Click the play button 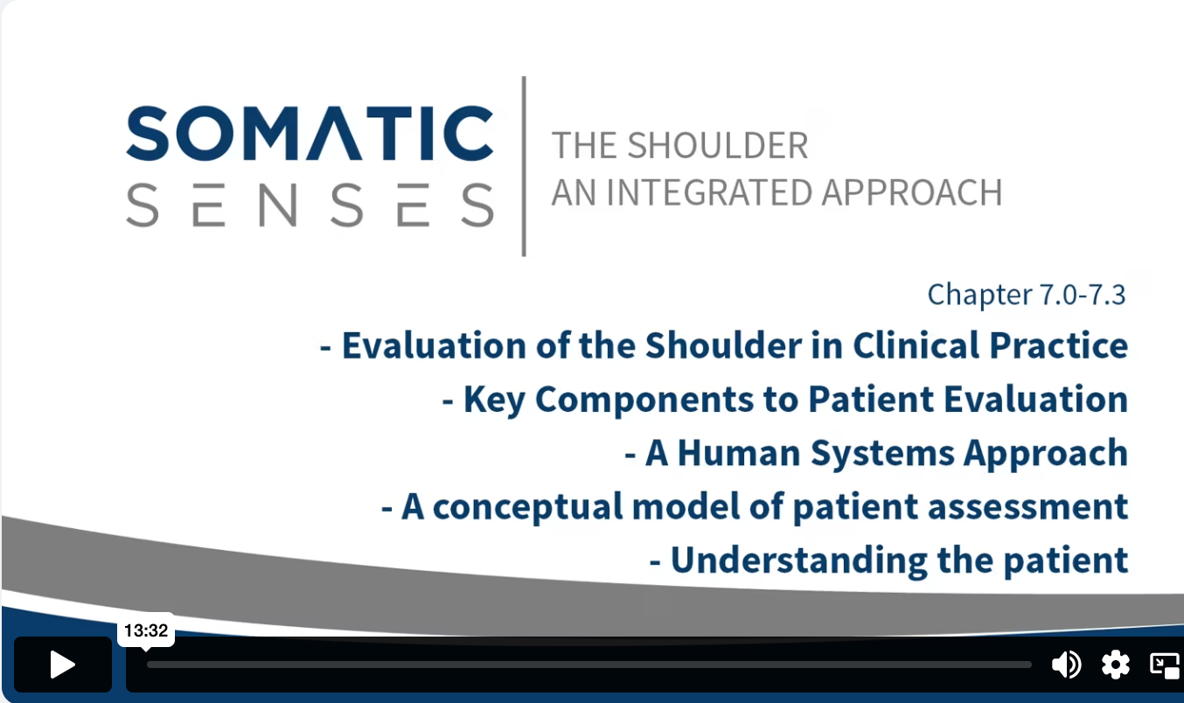point(62,665)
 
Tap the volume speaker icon point(1067,665)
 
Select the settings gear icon point(1115,665)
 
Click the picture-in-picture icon point(1165,665)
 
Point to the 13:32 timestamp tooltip point(146,630)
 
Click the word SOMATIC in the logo point(310,133)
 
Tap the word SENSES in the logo point(310,205)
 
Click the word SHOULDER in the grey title point(718,145)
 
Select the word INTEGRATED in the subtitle point(708,192)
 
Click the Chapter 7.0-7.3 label point(1027,295)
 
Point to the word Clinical point(916,345)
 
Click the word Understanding point(798,560)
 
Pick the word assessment point(1027,507)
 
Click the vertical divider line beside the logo point(524,166)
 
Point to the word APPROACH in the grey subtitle point(912,192)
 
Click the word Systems point(882,454)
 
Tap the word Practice point(1059,345)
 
